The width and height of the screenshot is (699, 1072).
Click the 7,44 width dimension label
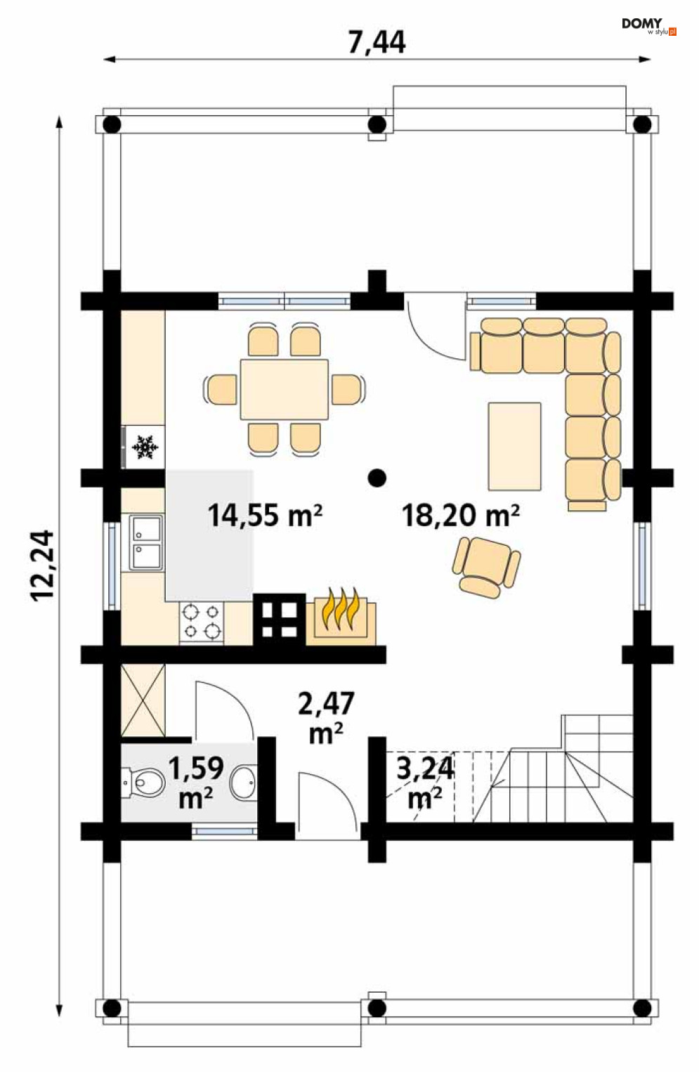[x=377, y=42]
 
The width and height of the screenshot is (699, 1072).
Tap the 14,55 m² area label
[x=265, y=516]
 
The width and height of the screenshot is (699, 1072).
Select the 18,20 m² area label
[x=461, y=516]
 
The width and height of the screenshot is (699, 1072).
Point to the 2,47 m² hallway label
[x=326, y=719]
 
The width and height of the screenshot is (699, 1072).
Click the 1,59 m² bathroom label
[x=196, y=783]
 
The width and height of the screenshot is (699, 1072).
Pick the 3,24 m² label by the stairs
[x=425, y=783]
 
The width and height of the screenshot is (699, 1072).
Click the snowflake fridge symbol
[x=145, y=447]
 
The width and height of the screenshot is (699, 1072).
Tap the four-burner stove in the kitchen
[x=202, y=622]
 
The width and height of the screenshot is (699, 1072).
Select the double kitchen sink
[x=145, y=543]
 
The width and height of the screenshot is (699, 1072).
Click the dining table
[x=285, y=388]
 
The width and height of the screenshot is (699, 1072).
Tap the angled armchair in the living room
[x=486, y=567]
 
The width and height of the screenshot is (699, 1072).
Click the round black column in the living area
[x=377, y=478]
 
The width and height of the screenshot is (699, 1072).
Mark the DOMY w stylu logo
[x=648, y=27]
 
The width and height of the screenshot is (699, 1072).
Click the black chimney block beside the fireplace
[x=279, y=620]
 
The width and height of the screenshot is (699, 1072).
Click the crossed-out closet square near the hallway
[x=143, y=700]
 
